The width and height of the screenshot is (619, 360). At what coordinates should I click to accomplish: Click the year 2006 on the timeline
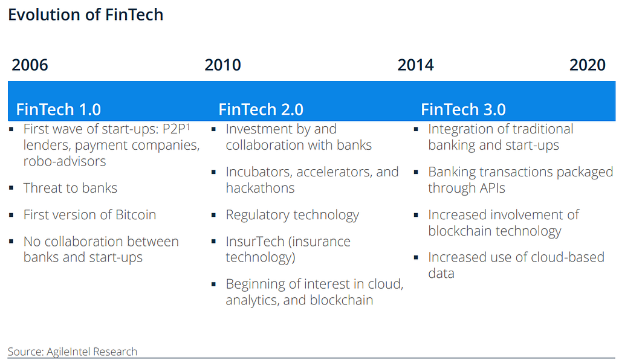30,65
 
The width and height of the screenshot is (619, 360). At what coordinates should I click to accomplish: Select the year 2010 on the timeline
222,65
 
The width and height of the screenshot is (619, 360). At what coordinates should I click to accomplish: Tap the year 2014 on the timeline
416,65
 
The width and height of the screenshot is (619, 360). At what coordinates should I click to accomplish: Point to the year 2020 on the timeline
588,65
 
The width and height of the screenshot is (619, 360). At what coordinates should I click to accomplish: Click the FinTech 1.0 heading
59,109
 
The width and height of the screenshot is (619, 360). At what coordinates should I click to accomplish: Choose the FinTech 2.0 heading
261,109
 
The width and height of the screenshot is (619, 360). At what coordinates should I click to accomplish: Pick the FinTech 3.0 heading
464,109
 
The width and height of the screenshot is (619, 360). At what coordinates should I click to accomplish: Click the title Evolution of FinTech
86,14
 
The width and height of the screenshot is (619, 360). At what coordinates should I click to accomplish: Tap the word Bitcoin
136,215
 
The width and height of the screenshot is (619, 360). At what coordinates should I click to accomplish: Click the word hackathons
260,188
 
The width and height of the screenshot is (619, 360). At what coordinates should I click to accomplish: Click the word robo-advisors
65,161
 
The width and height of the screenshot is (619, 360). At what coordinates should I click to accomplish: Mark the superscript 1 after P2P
188,126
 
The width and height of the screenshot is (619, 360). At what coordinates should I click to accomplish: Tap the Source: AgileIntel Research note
73,352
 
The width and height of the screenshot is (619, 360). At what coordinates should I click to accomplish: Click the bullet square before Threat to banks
11,188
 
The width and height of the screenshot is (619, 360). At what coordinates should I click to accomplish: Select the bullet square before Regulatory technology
213,215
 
